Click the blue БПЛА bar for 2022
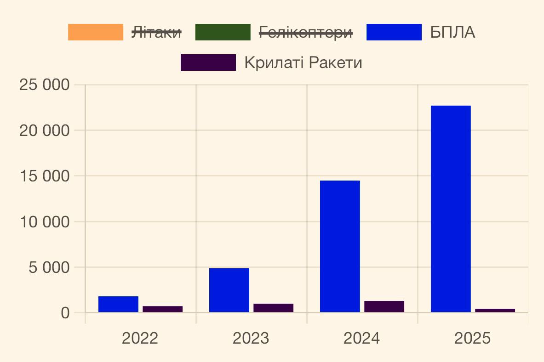point(118,304)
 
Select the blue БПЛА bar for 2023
point(229,290)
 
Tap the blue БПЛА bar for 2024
point(340,246)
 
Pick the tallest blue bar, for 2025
point(451,209)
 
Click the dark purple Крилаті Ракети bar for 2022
point(162,309)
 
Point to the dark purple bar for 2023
point(273,308)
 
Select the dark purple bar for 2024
point(384,306)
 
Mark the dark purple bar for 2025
point(495,311)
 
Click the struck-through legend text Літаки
point(157,33)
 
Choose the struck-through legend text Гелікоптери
point(306,33)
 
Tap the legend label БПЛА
point(452,33)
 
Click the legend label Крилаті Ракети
point(303,63)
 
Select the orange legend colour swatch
point(96,33)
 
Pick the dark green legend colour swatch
point(223,33)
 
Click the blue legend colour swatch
point(394,33)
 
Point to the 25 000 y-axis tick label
point(45,85)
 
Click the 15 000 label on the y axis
point(45,176)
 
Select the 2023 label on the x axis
point(251,339)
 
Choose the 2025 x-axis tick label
point(472,339)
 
